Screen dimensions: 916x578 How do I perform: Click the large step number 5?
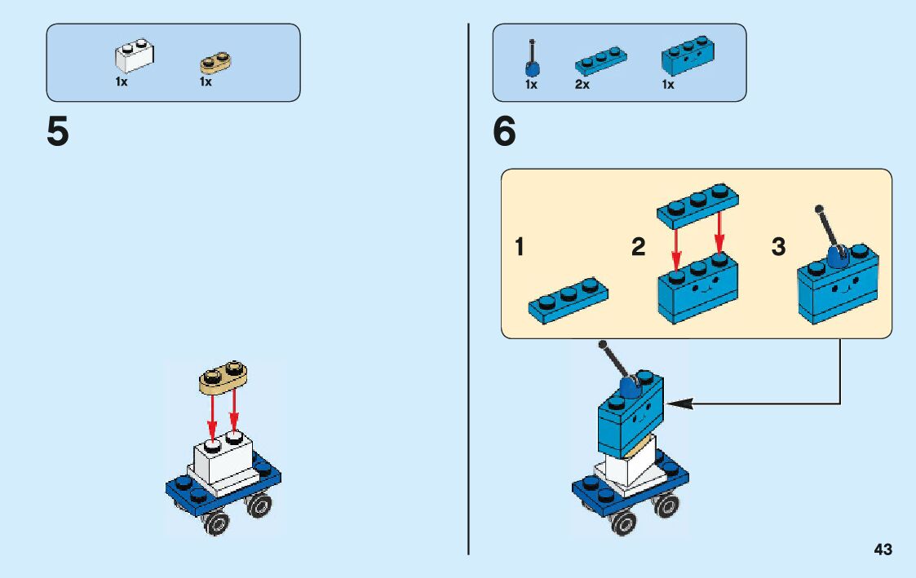58,132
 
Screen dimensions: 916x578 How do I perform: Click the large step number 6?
505,132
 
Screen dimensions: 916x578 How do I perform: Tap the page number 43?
883,549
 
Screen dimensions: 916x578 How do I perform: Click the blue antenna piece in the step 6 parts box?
532,60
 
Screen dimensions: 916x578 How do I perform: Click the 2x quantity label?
582,85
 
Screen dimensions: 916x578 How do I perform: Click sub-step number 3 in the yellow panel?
779,246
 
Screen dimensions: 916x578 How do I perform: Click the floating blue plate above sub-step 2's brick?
697,201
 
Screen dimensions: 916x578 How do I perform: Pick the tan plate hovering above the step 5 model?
223,377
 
